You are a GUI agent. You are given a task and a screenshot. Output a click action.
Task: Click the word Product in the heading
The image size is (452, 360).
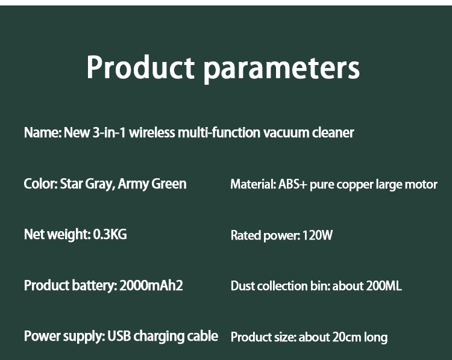(140, 67)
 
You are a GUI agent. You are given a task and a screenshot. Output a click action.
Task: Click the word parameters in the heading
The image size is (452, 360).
(281, 69)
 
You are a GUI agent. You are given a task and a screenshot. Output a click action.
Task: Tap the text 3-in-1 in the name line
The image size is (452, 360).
(109, 133)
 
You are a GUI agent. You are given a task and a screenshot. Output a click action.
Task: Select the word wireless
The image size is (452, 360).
(152, 132)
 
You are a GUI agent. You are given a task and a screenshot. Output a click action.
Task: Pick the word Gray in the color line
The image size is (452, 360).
(99, 184)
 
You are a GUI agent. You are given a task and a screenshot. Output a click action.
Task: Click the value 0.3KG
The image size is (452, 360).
(110, 234)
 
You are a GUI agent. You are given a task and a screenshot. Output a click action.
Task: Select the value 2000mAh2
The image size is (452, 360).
(151, 285)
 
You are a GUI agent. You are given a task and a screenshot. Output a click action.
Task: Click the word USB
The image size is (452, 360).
(119, 336)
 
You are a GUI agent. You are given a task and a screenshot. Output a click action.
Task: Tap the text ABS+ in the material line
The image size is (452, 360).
(292, 185)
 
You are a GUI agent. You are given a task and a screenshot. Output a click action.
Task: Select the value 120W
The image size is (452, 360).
(318, 235)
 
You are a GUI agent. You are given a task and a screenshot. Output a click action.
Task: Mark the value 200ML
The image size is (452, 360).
(384, 286)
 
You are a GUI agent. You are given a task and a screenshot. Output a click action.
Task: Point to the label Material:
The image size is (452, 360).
(253, 185)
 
